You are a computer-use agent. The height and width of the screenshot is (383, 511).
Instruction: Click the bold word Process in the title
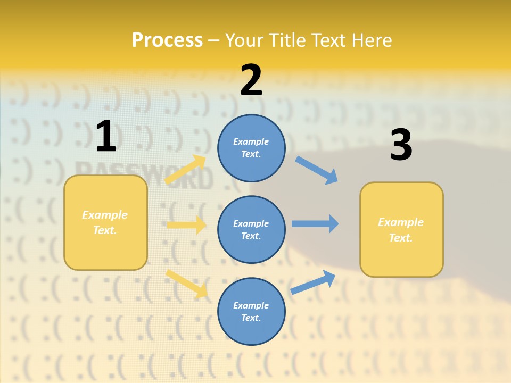pyautogui.click(x=167, y=40)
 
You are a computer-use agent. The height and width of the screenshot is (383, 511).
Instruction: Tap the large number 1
pyautogui.click(x=106, y=136)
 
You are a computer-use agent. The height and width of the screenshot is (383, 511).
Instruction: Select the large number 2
pyautogui.click(x=251, y=80)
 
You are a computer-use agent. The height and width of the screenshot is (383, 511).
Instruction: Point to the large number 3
pyautogui.click(x=401, y=145)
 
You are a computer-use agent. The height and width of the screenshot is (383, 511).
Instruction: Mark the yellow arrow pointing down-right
pyautogui.click(x=186, y=284)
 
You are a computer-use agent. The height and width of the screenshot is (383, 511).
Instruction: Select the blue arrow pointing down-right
pyautogui.click(x=317, y=170)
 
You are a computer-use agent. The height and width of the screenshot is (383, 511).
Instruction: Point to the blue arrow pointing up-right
pyautogui.click(x=313, y=282)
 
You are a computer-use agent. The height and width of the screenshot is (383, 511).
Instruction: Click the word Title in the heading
pyautogui.click(x=289, y=40)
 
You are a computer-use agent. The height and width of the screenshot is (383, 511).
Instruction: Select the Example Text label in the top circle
pyautogui.click(x=251, y=147)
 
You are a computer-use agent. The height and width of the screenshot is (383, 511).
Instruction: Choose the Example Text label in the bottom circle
pyautogui.click(x=251, y=311)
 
